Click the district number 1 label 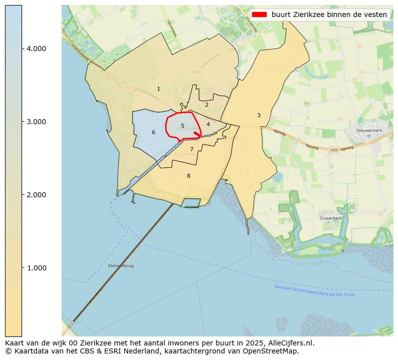click(x=158, y=89)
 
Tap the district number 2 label click(x=207, y=105)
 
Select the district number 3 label click(x=259, y=116)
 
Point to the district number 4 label click(x=208, y=124)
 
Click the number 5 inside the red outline click(x=183, y=126)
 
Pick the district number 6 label click(x=153, y=133)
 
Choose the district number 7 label click(x=191, y=150)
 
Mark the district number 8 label click(x=188, y=176)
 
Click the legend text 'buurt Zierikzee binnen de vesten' click(x=329, y=15)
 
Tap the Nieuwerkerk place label click(x=369, y=131)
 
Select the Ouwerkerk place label click(x=331, y=218)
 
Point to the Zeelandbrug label click(x=121, y=266)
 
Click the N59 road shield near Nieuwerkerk click(x=335, y=150)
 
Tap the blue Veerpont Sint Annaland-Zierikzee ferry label click(x=314, y=291)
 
